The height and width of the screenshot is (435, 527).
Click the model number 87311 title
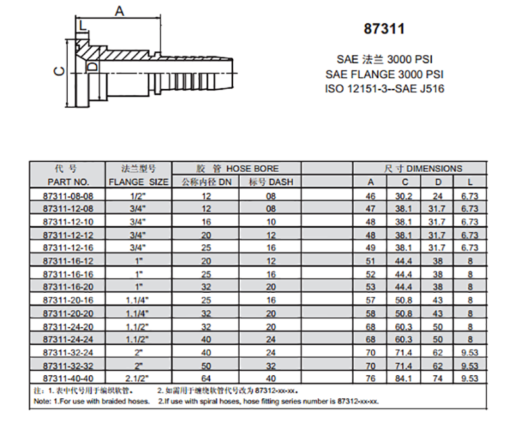[x=384, y=28]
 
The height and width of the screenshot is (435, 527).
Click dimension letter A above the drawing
[x=119, y=11]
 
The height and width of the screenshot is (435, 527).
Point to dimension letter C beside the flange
[x=60, y=71]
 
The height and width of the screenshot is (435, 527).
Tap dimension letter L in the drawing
[x=83, y=26]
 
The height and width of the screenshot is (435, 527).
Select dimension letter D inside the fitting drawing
[x=92, y=66]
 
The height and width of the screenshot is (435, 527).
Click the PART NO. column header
[x=69, y=182]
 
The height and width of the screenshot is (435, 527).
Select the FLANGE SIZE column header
[x=138, y=182]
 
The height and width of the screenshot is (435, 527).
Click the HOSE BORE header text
[x=252, y=168]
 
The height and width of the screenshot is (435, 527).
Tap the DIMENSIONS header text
[x=434, y=168]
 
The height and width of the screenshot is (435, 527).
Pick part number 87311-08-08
[x=69, y=196]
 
